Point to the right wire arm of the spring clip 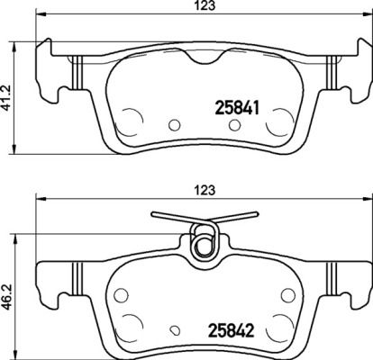coord(236,219)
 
